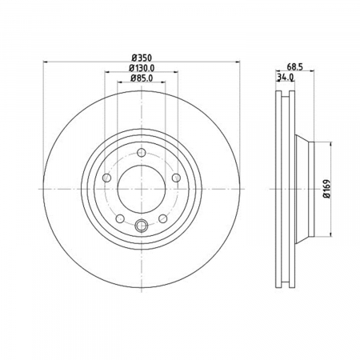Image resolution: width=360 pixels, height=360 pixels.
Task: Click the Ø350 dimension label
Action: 142,58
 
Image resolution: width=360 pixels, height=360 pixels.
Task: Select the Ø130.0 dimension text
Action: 142,68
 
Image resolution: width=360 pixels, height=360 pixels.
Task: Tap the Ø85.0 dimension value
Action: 142,78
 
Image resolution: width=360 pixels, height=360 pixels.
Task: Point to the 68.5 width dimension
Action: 294,66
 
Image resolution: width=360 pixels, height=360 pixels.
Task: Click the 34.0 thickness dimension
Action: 286,78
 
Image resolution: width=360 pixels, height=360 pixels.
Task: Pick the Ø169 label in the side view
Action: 327,189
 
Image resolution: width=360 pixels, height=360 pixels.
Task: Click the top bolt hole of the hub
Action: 142,153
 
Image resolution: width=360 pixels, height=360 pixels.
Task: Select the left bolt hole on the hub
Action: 106,178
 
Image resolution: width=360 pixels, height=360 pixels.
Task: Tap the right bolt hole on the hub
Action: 176,178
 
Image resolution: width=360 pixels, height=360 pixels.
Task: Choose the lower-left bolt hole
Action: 120,218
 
